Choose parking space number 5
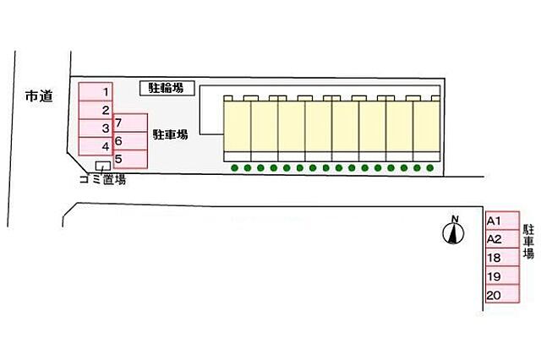128,158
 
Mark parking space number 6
128,140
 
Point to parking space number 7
128,123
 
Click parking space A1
501,221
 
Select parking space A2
501,239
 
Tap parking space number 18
501,258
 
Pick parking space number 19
501,276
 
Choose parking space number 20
501,295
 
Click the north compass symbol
454,232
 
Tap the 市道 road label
39,96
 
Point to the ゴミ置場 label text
102,179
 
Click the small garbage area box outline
102,166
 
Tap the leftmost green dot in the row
234,168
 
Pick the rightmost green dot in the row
430,168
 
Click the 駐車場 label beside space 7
171,134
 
